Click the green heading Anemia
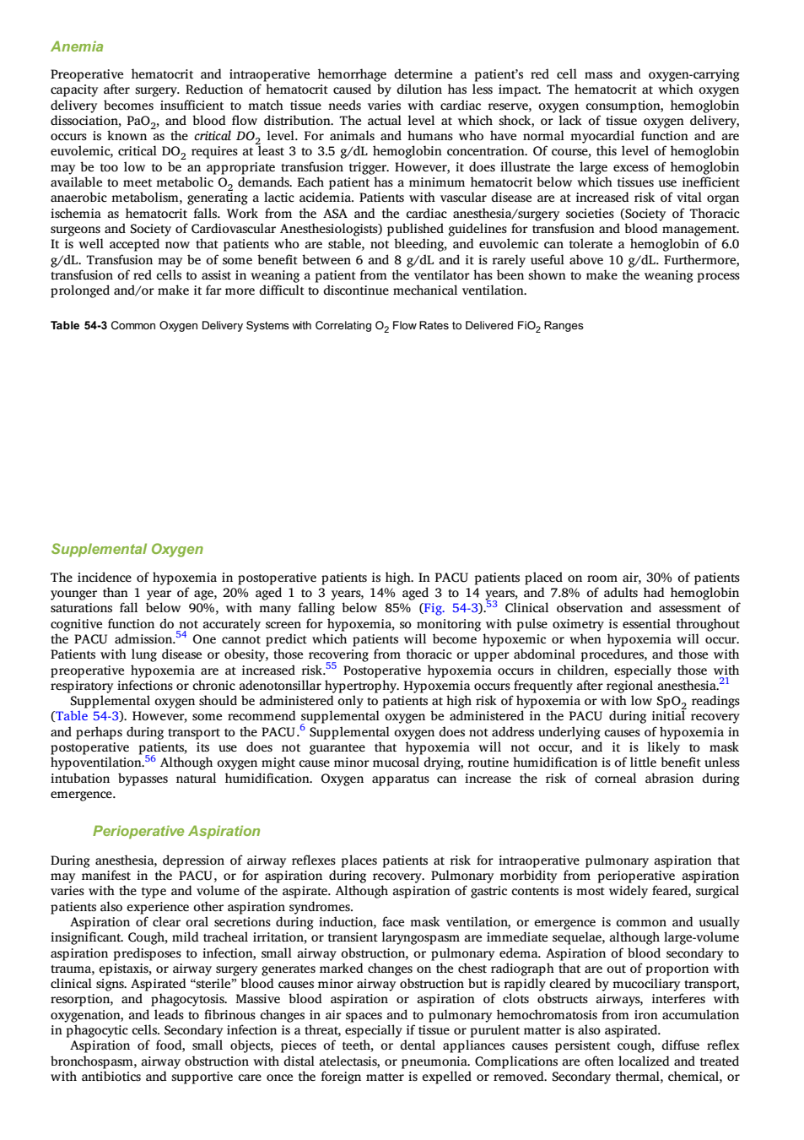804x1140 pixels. coord(77,46)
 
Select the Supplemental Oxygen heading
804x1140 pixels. coord(127,549)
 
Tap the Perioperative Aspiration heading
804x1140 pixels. coord(176,831)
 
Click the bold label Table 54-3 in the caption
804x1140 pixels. coord(78,326)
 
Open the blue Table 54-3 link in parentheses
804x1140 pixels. coord(87,717)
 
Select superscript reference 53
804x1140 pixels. coord(492,605)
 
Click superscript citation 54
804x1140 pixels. coord(181,635)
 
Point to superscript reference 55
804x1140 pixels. coord(331,665)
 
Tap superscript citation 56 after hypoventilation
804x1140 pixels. coord(150,758)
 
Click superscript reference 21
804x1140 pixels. coord(724,681)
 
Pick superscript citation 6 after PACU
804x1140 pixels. coord(302,728)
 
